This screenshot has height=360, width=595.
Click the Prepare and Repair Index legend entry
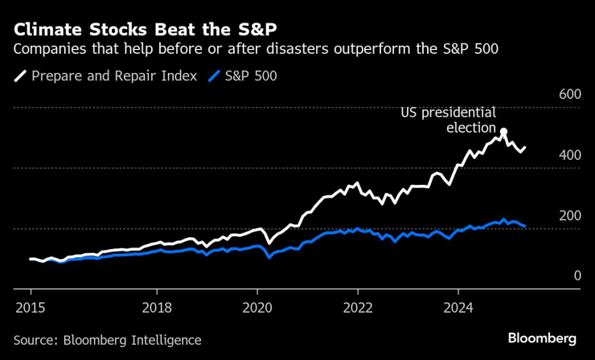(114, 77)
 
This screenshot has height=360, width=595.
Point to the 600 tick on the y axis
(569, 95)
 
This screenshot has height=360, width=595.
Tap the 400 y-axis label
(569, 155)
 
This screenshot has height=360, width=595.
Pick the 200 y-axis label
(569, 215)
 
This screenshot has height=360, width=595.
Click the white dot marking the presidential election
(503, 132)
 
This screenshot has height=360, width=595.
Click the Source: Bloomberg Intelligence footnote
(107, 340)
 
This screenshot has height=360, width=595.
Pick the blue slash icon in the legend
(214, 77)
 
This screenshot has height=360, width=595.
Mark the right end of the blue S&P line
(525, 227)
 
